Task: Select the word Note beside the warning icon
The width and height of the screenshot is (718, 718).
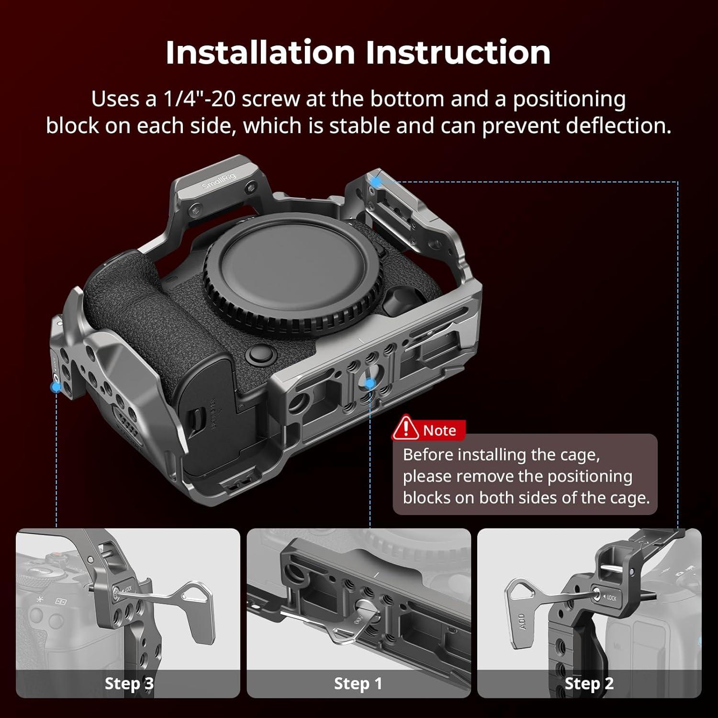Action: tap(439, 430)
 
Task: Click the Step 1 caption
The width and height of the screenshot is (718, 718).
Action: tap(358, 684)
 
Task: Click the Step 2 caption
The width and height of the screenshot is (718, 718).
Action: tap(589, 684)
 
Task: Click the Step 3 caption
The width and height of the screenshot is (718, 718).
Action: tap(129, 684)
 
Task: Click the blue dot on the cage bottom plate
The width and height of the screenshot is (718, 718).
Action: tap(370, 383)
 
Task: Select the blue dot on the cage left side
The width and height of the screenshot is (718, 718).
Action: tap(56, 385)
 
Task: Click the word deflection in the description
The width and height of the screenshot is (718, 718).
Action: tap(618, 125)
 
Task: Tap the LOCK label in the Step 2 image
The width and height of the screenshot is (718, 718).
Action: tap(611, 598)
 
